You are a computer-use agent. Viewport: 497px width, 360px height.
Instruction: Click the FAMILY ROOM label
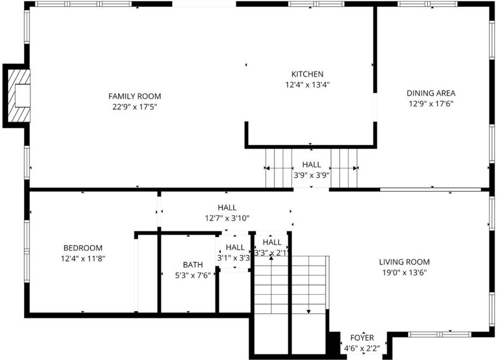(x=135, y=96)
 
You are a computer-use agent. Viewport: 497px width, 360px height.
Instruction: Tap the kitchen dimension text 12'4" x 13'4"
(x=308, y=85)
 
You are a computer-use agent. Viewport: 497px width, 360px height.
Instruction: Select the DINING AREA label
(x=431, y=93)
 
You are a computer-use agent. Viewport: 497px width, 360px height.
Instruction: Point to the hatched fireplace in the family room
(x=19, y=96)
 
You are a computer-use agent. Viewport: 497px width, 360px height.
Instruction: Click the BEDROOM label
(x=83, y=248)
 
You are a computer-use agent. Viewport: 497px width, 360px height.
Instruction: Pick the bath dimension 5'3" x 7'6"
(x=193, y=276)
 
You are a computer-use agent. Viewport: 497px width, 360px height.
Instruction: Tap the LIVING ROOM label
(x=404, y=262)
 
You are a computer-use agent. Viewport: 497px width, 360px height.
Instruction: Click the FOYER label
(x=362, y=338)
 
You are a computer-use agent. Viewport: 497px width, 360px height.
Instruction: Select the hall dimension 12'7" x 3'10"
(x=227, y=218)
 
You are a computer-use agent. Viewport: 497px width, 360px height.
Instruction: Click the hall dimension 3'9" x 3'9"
(x=312, y=176)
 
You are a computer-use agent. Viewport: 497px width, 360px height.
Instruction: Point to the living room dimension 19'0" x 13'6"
(x=404, y=272)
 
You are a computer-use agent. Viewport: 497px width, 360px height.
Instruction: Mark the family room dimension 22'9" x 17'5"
(x=135, y=107)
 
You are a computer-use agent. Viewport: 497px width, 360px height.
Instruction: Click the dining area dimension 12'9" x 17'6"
(x=431, y=104)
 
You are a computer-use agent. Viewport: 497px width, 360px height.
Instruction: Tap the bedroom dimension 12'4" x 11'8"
(x=83, y=259)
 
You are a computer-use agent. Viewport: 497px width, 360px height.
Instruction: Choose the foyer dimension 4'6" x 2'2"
(x=362, y=349)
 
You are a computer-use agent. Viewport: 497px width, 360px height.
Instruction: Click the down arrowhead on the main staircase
(x=309, y=312)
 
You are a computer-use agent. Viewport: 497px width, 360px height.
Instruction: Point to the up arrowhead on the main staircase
(x=271, y=258)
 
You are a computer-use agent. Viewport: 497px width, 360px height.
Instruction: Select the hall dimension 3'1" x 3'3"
(x=234, y=258)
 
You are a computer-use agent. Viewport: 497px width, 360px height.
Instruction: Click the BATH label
(x=193, y=264)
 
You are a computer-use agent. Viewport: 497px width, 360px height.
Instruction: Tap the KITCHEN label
(x=308, y=74)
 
